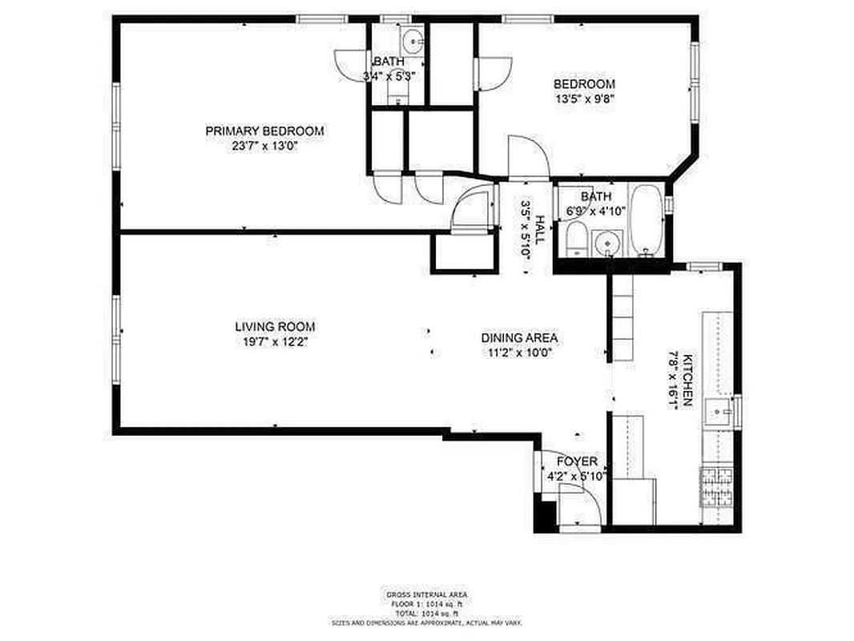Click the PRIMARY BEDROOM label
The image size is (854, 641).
point(264,131)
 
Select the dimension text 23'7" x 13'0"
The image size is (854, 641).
point(264,147)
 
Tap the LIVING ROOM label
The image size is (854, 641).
point(275,327)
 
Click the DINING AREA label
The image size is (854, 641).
point(519,338)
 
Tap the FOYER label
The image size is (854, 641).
point(577,462)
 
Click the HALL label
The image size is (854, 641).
point(541,229)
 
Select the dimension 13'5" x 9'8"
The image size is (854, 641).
point(585,99)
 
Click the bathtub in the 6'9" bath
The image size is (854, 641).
point(645,219)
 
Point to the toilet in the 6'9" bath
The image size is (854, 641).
point(574,240)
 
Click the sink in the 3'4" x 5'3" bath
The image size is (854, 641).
point(413,41)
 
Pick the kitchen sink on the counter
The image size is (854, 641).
point(719,413)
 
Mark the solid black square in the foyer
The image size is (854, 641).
point(545,516)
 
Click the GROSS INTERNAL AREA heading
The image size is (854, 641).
point(426,595)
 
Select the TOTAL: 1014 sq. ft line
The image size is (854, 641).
point(426,612)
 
